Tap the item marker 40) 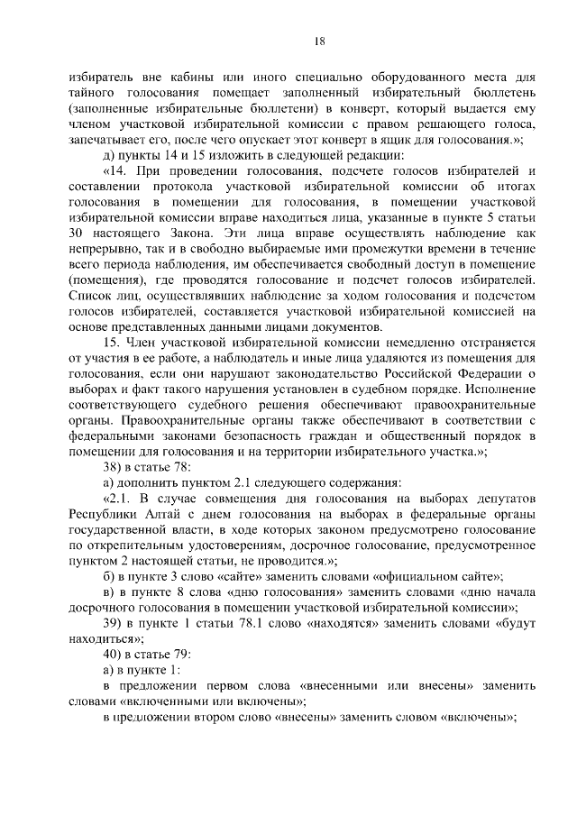(x=113, y=654)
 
